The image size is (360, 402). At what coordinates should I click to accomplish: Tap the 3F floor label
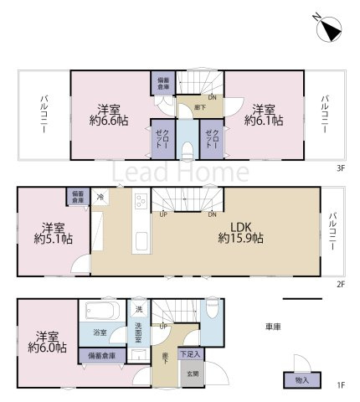[341, 167]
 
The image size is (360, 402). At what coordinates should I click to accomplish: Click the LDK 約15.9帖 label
[241, 232]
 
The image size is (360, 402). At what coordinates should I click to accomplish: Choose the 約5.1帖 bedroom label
[54, 233]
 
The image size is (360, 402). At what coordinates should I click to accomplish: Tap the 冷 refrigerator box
[100, 198]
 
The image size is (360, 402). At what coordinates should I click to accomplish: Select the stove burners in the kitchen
[139, 201]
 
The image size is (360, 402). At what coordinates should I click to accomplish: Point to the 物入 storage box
[301, 380]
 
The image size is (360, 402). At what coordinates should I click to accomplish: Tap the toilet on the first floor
[213, 309]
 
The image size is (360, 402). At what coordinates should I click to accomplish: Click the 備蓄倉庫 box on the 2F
[78, 198]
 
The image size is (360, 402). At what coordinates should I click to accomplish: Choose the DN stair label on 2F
[212, 214]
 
